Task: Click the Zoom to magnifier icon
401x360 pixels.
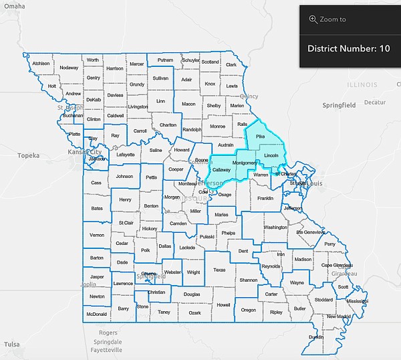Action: [x=313, y=19]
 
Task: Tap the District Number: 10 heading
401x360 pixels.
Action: [x=348, y=49]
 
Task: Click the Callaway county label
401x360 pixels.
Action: [x=221, y=170]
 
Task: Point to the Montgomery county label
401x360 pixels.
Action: [x=244, y=163]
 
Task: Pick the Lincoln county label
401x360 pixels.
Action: [x=271, y=155]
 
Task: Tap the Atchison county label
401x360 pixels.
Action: [x=41, y=64]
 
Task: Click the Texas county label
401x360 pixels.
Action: [x=220, y=270]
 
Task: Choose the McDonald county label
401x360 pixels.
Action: [x=97, y=314]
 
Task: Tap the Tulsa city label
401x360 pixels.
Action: [x=11, y=344]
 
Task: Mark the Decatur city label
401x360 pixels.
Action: [x=375, y=102]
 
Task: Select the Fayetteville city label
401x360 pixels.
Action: [x=102, y=349]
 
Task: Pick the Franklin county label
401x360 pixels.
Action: [x=265, y=198]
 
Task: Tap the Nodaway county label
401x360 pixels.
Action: [x=69, y=68]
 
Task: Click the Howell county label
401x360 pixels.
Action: [x=223, y=304]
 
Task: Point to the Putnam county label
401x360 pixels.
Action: [x=165, y=60]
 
